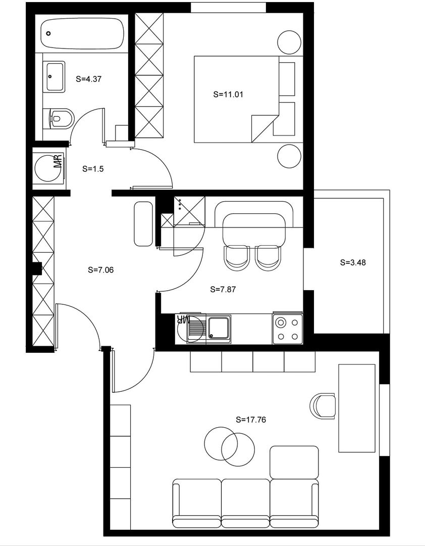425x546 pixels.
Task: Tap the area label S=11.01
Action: pos(229,94)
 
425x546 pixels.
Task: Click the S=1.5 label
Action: pos(92,169)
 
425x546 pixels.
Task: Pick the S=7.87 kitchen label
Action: pos(223,289)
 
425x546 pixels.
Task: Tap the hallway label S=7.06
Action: pos(100,269)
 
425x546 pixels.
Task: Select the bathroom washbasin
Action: pos(55,76)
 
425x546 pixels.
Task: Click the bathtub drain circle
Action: pos(48,33)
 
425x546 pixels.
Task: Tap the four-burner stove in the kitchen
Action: pos(288,329)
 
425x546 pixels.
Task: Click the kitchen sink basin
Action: pos(219,329)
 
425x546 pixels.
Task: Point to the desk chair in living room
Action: pos(323,406)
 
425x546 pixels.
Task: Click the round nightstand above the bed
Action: pos(290,42)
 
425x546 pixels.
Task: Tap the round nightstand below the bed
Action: pos(290,156)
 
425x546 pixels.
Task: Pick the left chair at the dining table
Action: pos(237,257)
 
